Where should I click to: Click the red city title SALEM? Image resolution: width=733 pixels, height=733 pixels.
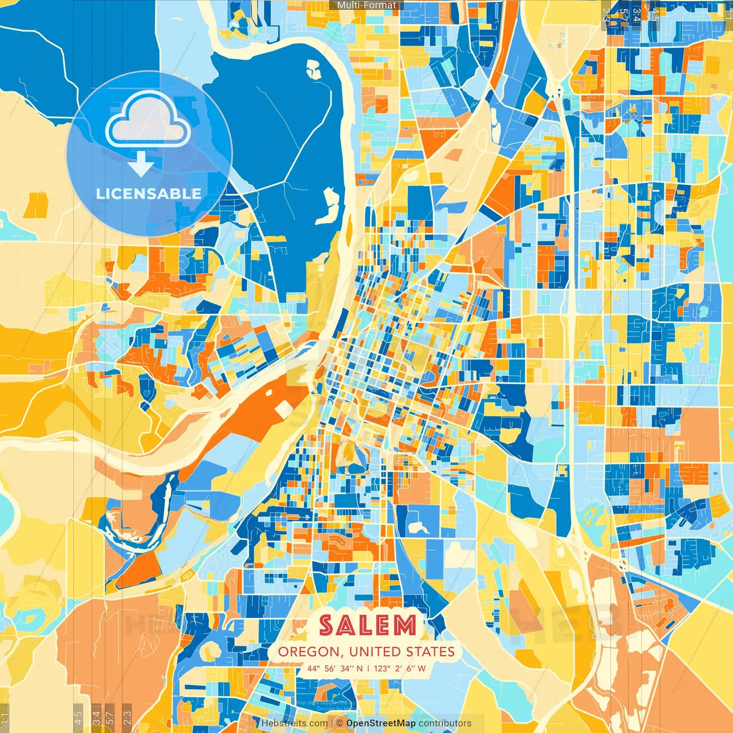point(367,625)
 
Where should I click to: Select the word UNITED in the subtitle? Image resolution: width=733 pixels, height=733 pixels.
point(375,652)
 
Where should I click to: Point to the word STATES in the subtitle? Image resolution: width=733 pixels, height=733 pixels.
point(430,652)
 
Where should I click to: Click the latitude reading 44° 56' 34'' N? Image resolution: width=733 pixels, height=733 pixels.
point(335,668)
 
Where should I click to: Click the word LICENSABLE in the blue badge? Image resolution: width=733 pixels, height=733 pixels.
point(148,194)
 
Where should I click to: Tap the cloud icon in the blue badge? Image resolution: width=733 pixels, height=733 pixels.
point(148,120)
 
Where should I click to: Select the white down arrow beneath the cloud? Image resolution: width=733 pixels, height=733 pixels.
point(141,165)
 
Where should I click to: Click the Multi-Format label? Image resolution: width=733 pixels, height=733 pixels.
point(366,5)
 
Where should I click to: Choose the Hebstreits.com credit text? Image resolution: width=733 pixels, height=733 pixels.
point(294,723)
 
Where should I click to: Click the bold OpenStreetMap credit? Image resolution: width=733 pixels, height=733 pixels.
point(381,723)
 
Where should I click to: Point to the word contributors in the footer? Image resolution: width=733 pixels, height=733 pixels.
point(445,723)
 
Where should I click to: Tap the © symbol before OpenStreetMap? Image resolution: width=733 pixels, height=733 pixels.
point(340,723)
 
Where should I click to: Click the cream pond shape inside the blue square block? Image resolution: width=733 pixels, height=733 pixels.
point(417,526)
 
